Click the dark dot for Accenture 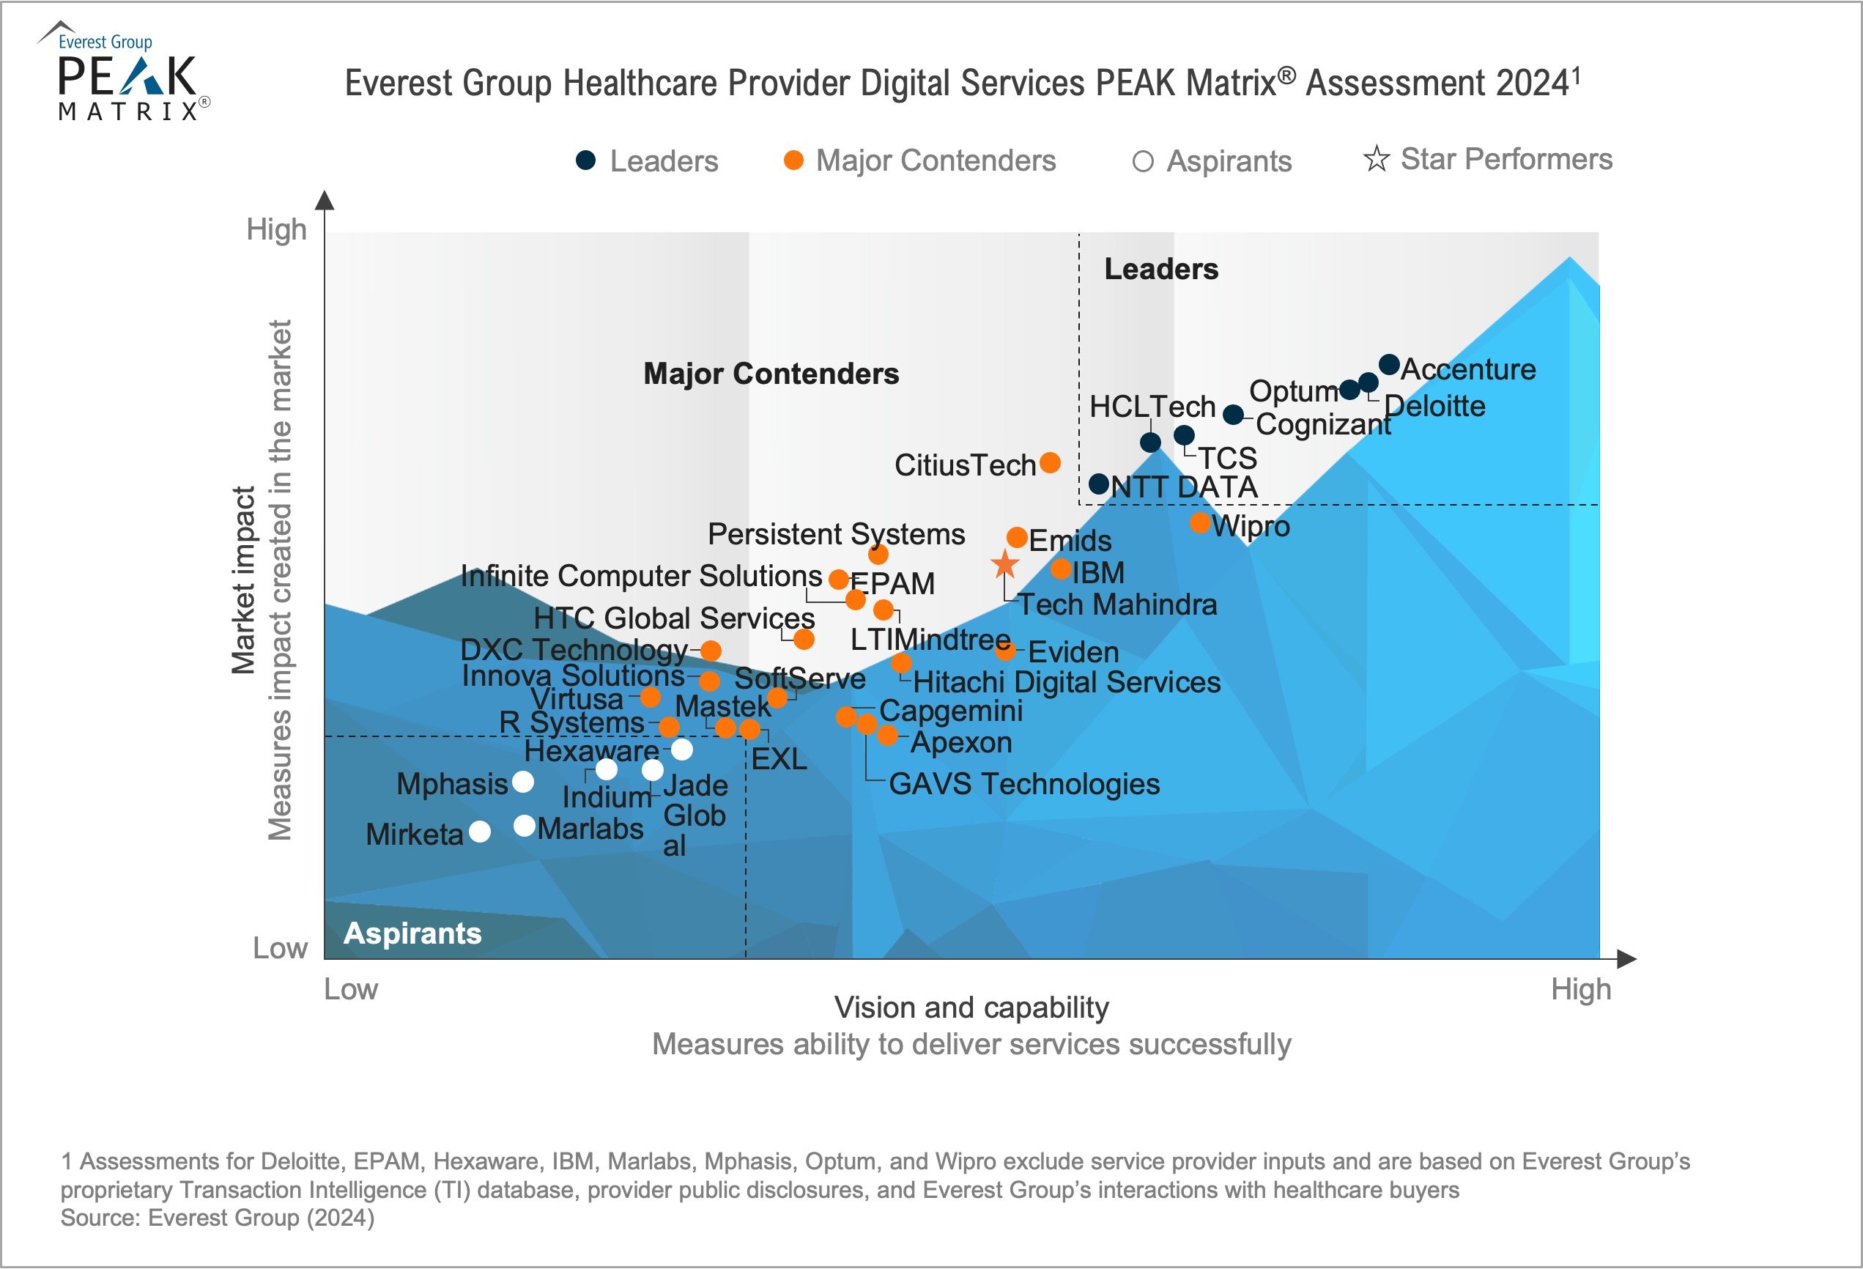click(x=1388, y=365)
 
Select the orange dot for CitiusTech click(x=1049, y=462)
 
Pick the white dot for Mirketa click(x=479, y=832)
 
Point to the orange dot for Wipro click(x=1199, y=522)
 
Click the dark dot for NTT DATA click(x=1098, y=484)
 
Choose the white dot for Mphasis click(x=522, y=782)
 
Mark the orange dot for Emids click(x=1016, y=537)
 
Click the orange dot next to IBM click(x=1061, y=569)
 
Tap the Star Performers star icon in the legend click(x=1376, y=159)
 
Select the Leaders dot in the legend click(x=586, y=160)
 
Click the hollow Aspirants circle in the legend click(x=1142, y=162)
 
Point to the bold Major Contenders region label click(x=771, y=374)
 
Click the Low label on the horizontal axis click(x=350, y=989)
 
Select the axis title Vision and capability click(x=971, y=1007)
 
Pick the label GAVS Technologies click(x=1023, y=784)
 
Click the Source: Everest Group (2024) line click(x=218, y=1218)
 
